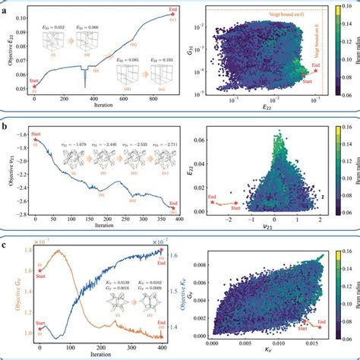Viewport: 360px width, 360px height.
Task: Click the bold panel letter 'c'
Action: coord(6,243)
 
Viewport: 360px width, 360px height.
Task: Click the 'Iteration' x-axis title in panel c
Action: coord(102,354)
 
